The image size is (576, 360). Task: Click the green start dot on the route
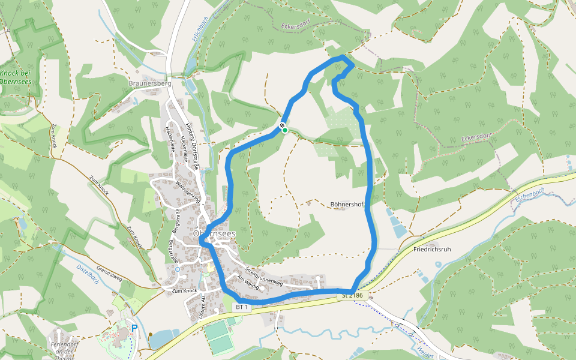point(285,130)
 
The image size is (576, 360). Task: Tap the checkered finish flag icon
point(282,125)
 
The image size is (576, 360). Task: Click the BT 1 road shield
point(242,307)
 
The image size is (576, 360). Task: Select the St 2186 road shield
point(352,295)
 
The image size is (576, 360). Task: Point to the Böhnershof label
point(347,205)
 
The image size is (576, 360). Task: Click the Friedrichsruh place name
point(432,248)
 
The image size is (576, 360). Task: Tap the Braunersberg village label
point(150,83)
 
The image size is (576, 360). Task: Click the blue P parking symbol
point(134,328)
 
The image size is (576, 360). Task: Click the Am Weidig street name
point(248,283)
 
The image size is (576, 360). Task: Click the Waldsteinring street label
point(189,191)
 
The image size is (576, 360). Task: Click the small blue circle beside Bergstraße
point(178,269)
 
